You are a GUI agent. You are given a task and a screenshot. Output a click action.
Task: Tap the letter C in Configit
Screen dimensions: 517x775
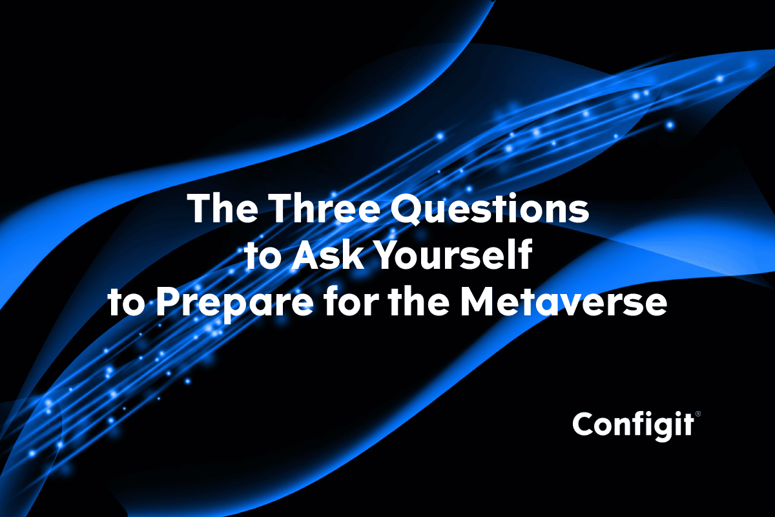pyautogui.click(x=584, y=425)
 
